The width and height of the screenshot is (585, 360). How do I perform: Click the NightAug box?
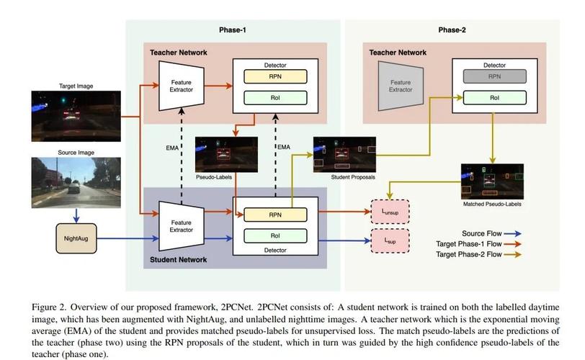[76, 237]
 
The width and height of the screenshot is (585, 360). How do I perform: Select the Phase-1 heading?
[233, 30]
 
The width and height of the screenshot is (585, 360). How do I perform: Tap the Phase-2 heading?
[452, 30]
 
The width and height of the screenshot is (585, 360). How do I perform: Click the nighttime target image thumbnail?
[65, 116]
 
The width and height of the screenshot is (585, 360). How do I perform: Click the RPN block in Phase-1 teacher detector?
[275, 76]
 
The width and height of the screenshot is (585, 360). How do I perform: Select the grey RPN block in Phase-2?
[494, 76]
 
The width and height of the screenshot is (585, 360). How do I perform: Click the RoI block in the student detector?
[275, 235]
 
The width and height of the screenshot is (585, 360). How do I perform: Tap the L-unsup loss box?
[389, 212]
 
